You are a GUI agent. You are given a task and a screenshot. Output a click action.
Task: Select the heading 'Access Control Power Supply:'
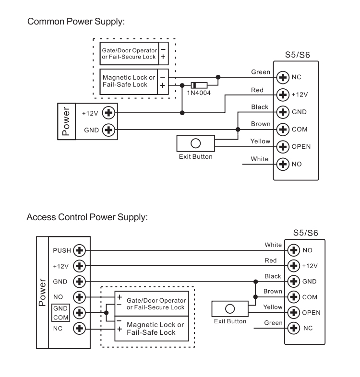pyautogui.click(x=90, y=217)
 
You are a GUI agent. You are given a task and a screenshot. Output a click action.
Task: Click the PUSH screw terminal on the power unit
pyautogui.click(x=80, y=250)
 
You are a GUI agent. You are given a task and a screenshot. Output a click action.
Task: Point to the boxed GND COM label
pyautogui.click(x=60, y=313)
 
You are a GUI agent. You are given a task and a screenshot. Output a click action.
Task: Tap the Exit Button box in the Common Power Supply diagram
pyautogui.click(x=195, y=144)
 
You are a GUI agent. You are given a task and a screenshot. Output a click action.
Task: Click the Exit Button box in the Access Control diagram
pyautogui.click(x=230, y=309)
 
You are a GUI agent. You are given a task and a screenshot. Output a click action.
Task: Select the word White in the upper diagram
pyautogui.click(x=260, y=158)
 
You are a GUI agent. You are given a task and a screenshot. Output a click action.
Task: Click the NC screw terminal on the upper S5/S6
pyautogui.click(x=284, y=77)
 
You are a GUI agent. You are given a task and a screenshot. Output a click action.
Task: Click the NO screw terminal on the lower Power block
pyautogui.click(x=80, y=297)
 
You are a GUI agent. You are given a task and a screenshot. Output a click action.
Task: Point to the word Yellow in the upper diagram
pyautogui.click(x=260, y=141)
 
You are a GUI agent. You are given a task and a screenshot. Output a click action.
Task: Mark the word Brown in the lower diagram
pyautogui.click(x=273, y=291)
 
